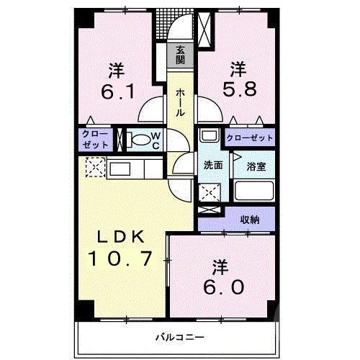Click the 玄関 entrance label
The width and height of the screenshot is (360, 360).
pyautogui.click(x=180, y=55)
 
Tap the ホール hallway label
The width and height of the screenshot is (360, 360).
pyautogui.click(x=180, y=103)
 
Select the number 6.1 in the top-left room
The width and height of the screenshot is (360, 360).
pyautogui.click(x=117, y=92)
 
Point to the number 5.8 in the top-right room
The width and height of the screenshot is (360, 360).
pyautogui.click(x=240, y=89)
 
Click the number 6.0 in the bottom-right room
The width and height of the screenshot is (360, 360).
pyautogui.click(x=223, y=287)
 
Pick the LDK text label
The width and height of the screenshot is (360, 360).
pyautogui.click(x=120, y=238)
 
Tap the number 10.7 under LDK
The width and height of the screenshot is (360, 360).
pyautogui.click(x=120, y=258)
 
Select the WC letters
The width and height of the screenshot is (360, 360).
pyautogui.click(x=156, y=141)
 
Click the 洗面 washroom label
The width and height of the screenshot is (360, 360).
pyautogui.click(x=213, y=165)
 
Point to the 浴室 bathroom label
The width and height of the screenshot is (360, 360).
pyautogui.click(x=256, y=166)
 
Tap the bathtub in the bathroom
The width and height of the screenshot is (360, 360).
pyautogui.click(x=254, y=192)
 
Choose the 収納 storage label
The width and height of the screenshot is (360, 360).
pyautogui.click(x=250, y=220)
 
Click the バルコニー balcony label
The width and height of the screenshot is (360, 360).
pyautogui.click(x=180, y=337)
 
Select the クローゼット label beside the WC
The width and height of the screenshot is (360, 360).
pyautogui.click(x=95, y=140)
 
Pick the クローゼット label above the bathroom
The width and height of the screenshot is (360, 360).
pyautogui.click(x=250, y=138)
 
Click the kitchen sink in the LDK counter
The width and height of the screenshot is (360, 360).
pyautogui.click(x=120, y=169)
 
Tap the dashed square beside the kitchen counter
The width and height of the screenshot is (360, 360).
pyautogui.click(x=96, y=167)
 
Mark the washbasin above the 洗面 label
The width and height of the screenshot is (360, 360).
pyautogui.click(x=209, y=135)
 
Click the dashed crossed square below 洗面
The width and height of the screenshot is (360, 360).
pyautogui.click(x=210, y=192)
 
